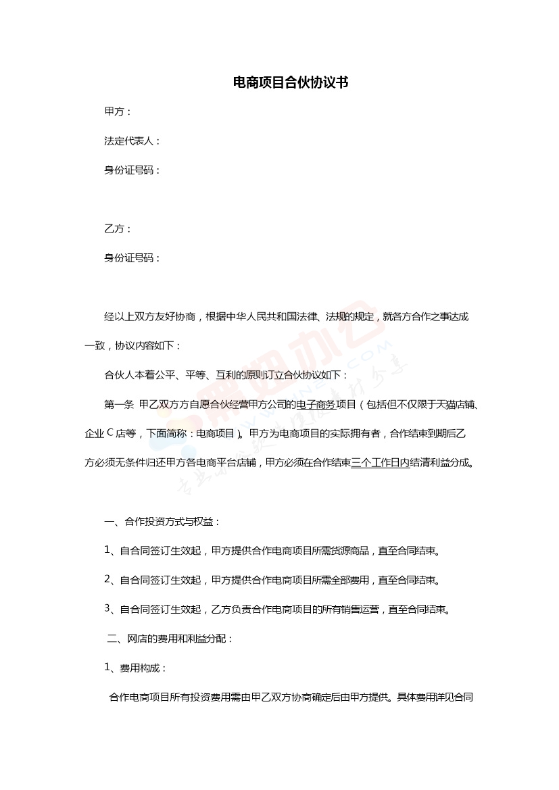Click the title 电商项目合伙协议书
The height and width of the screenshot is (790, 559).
[x=290, y=83]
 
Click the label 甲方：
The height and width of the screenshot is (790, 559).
[x=118, y=112]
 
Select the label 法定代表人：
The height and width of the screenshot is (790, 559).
[x=132, y=141]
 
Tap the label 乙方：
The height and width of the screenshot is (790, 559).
[x=118, y=228]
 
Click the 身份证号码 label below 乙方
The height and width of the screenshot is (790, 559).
[x=132, y=257]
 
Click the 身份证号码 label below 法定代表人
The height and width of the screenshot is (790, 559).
[x=132, y=170]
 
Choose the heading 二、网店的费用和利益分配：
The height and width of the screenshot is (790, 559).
[x=170, y=638]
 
